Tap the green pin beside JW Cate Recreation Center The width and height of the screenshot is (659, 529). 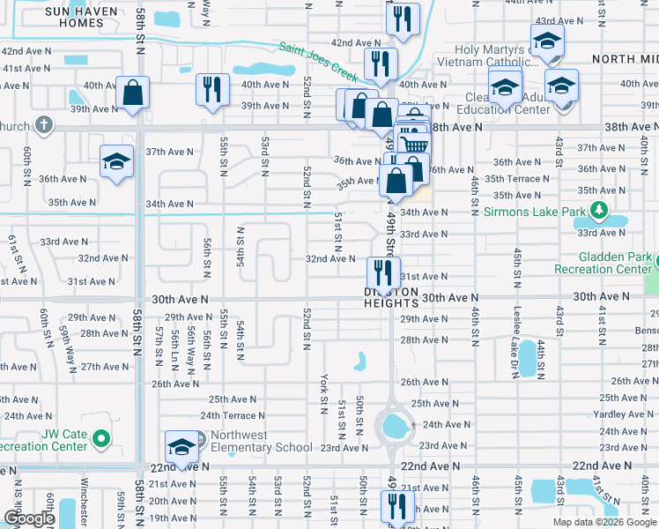tap(101, 436)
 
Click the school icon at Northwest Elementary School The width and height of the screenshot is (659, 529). tap(181, 446)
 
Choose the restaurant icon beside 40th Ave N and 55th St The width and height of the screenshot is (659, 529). tap(212, 88)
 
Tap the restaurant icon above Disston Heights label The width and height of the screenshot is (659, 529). tap(383, 269)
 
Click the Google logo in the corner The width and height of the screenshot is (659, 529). tap(29, 518)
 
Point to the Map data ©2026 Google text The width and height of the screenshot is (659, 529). tap(604, 522)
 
